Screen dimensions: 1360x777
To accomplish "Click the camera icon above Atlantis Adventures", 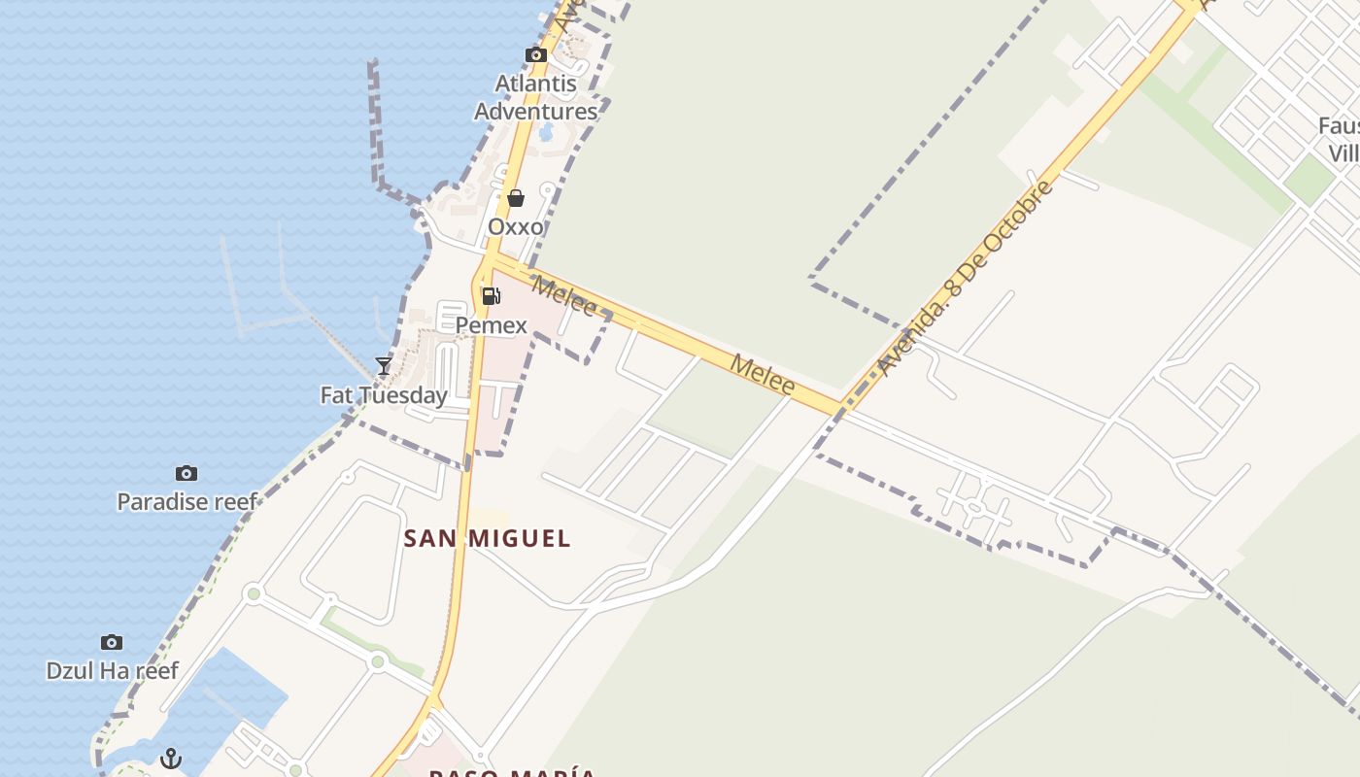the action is [x=535, y=55].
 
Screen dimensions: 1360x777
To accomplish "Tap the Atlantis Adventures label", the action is [x=535, y=97].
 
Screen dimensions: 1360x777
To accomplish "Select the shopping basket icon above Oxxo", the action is [x=516, y=198].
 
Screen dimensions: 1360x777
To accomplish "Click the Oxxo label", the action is [x=516, y=226].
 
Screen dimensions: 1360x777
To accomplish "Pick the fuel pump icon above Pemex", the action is [x=492, y=296].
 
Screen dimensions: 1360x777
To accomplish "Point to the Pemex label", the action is [x=492, y=325].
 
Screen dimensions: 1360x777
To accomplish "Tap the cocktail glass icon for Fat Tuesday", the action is [x=384, y=366].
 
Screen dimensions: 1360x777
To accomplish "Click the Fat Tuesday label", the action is [x=384, y=395].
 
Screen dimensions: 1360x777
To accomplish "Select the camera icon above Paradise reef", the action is [x=187, y=473].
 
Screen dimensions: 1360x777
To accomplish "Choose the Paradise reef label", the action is [x=187, y=502].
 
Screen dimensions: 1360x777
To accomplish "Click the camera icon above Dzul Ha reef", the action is [x=112, y=642].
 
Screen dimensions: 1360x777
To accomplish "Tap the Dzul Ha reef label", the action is [x=112, y=671].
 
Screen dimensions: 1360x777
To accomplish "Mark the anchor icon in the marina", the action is [x=171, y=758].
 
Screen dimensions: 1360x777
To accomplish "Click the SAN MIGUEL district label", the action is [x=487, y=538].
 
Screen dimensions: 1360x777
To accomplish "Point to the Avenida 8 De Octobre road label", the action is [x=965, y=278].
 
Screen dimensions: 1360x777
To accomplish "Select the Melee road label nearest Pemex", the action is [x=563, y=296].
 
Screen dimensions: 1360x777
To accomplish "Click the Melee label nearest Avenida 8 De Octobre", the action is [x=763, y=375].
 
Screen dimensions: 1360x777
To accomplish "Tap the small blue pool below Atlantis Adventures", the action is [x=547, y=132].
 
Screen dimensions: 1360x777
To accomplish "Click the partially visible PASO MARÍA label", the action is [x=512, y=772].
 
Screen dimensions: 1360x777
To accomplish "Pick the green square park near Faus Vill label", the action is [x=1308, y=180].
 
